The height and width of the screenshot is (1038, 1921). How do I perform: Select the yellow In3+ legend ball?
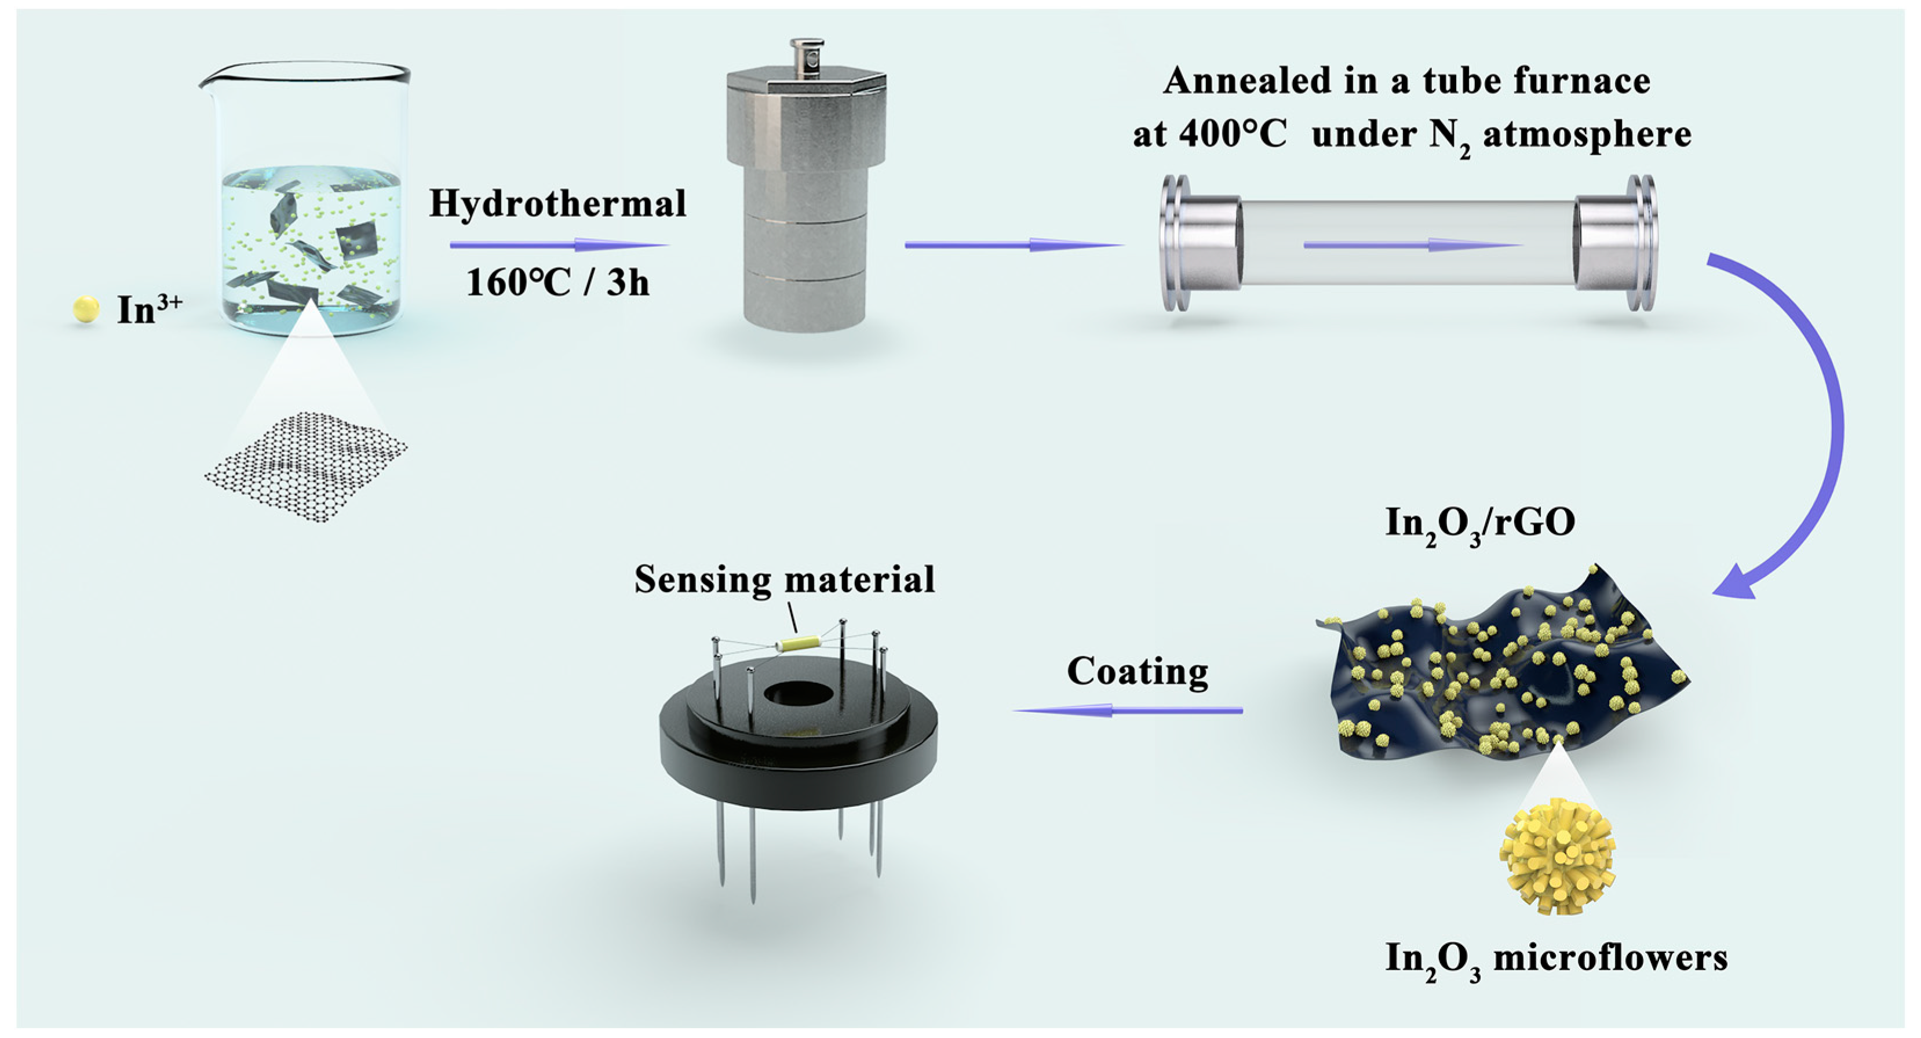point(86,309)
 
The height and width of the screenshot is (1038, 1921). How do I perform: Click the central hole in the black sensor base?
point(798,694)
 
